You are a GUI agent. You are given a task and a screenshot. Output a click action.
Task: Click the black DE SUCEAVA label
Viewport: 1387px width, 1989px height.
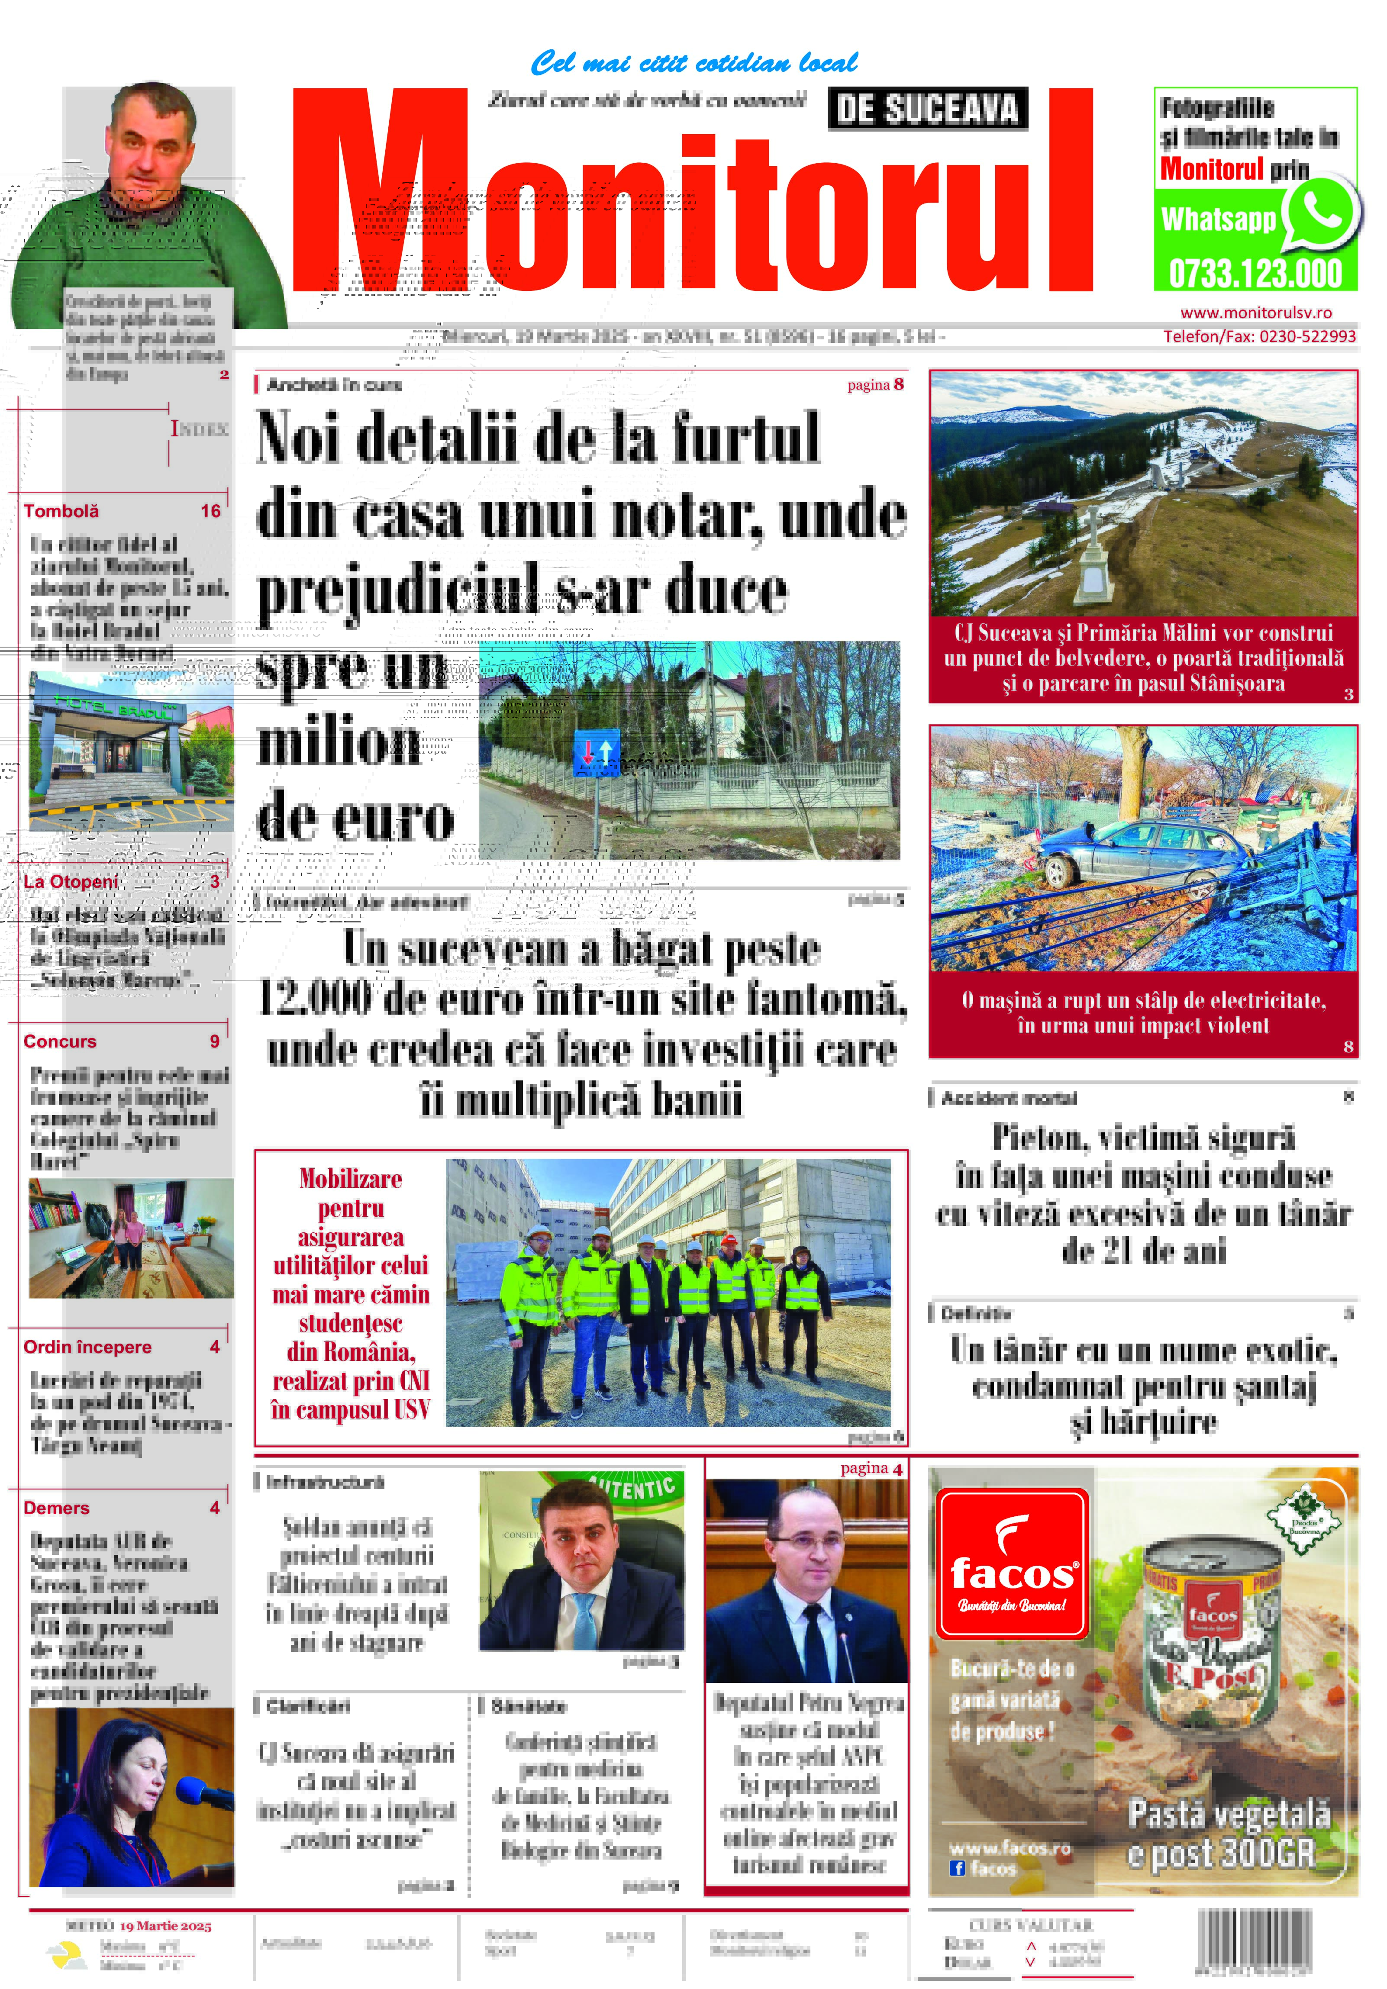point(927,109)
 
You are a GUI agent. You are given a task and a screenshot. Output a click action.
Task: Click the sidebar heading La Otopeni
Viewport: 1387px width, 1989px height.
point(71,882)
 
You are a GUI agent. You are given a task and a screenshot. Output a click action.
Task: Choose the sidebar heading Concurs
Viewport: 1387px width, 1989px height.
point(60,1041)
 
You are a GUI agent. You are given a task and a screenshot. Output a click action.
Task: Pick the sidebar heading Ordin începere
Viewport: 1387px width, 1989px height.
point(87,1347)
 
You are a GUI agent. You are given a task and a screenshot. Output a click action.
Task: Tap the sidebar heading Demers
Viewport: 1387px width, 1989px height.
point(56,1507)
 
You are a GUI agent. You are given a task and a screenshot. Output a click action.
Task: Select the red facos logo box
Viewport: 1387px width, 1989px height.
point(1012,1563)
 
